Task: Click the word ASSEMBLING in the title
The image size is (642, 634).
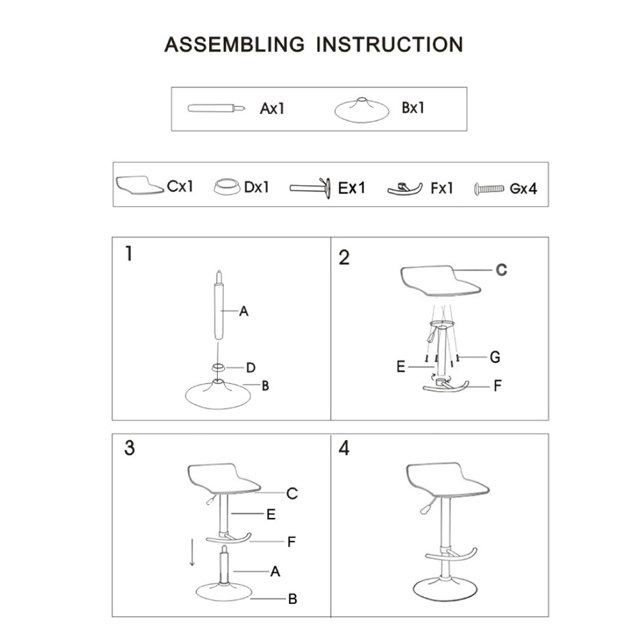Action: [x=234, y=44]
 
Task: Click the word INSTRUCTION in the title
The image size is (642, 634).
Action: [x=389, y=44]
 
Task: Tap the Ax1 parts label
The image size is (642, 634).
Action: [x=272, y=109]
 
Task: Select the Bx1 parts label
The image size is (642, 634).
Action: [x=413, y=108]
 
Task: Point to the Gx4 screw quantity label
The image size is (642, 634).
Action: [x=523, y=188]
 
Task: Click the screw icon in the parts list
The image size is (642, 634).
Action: [x=488, y=189]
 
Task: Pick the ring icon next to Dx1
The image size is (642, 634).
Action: [x=227, y=187]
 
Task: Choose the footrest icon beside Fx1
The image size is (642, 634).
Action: [x=404, y=189]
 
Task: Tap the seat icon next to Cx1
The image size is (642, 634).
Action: [x=139, y=186]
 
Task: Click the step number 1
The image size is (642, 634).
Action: [x=129, y=254]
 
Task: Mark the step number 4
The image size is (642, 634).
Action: [x=344, y=448]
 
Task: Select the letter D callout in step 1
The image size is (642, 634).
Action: [x=251, y=368]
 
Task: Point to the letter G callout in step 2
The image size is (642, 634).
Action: [x=495, y=357]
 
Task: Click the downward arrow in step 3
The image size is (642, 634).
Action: [x=192, y=553]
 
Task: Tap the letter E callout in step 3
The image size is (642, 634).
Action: [x=270, y=514]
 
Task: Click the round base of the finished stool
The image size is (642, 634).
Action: [x=445, y=588]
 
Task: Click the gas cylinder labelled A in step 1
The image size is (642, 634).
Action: [x=219, y=305]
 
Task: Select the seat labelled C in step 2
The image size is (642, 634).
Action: [x=441, y=280]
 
